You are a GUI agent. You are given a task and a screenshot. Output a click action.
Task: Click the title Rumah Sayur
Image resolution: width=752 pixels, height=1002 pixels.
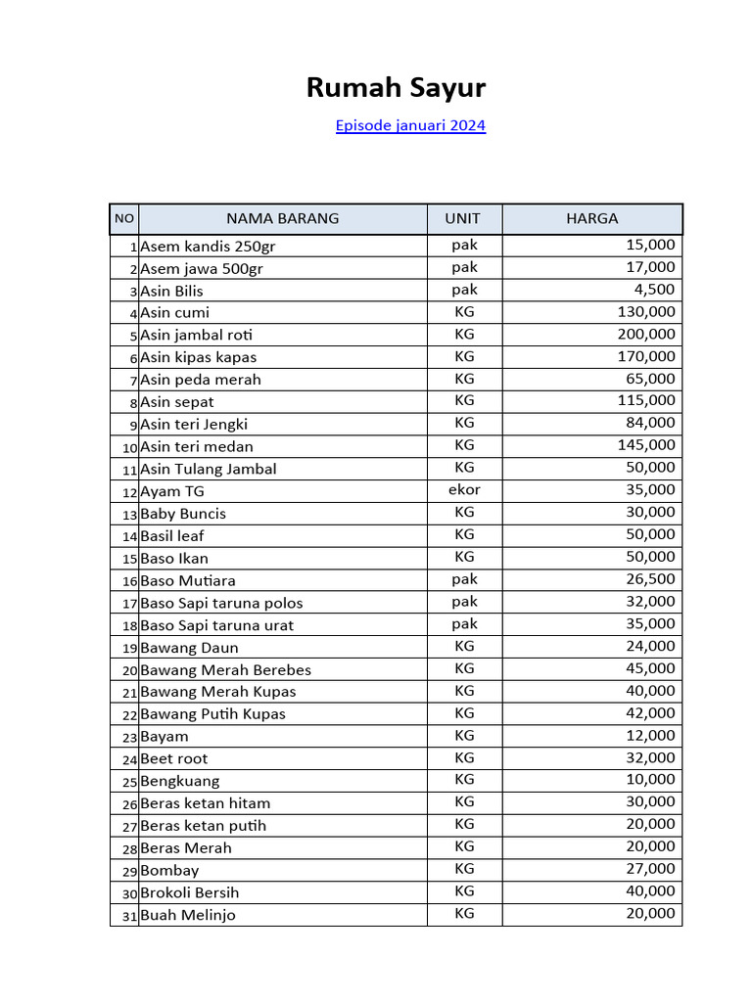coord(396,88)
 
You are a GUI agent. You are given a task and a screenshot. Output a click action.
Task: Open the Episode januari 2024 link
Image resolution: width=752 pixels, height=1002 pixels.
coord(410,125)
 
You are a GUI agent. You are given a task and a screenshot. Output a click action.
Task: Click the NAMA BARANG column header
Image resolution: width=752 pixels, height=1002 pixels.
coord(282,218)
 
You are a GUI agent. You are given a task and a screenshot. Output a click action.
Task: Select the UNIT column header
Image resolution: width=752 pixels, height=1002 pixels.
coord(463,218)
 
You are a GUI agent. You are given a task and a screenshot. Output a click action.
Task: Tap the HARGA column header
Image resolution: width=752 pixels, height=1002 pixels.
coord(591,218)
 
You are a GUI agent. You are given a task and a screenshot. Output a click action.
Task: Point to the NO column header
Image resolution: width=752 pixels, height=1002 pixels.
coord(124,218)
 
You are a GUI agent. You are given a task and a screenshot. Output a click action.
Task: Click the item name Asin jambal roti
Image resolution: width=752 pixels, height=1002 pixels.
coord(196,335)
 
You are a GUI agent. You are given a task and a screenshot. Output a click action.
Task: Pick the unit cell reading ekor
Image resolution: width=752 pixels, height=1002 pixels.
coord(464,489)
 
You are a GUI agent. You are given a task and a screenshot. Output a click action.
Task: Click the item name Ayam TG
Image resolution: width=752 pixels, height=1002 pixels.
coord(172,491)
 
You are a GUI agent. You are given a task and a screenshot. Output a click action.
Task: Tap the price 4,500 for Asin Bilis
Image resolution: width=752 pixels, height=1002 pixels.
coord(654,289)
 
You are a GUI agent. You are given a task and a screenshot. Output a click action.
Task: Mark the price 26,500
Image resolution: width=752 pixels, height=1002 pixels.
coord(650,578)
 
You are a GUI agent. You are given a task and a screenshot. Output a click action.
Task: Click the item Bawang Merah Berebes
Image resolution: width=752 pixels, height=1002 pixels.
coord(225,670)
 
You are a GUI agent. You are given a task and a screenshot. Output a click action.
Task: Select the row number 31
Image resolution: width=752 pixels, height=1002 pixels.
coord(129,916)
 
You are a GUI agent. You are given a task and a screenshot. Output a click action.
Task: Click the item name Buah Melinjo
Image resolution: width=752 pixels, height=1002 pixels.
coord(188,916)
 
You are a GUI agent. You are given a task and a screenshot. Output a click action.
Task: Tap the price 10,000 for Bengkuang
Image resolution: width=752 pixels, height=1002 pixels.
coord(650,780)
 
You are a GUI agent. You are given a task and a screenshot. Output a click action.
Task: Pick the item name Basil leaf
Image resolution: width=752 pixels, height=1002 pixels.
coord(172,536)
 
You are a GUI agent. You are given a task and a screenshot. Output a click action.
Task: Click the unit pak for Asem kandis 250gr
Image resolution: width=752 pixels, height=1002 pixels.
coord(464,245)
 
